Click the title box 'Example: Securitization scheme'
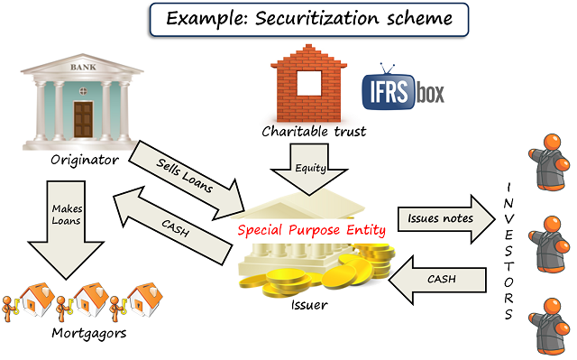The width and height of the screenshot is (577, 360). coord(288,19)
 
